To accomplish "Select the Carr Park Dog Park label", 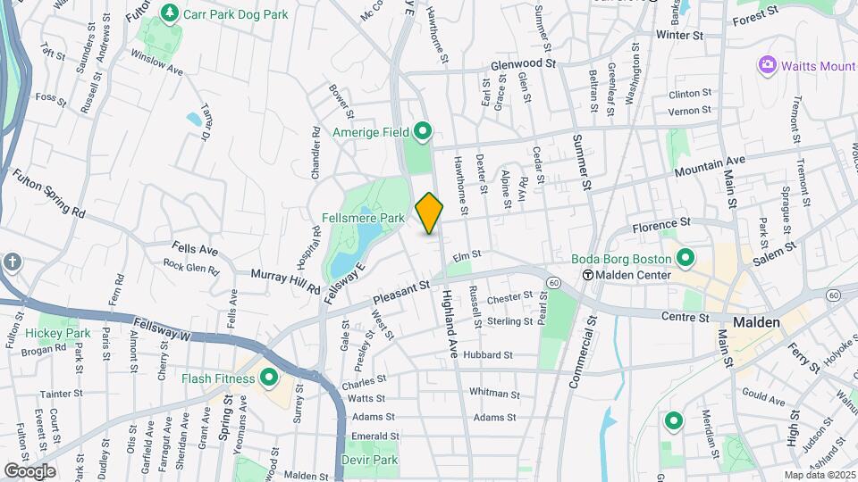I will [x=235, y=14].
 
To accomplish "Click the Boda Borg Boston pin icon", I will [x=686, y=259].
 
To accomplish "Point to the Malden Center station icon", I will [x=588, y=275].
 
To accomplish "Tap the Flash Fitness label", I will [x=218, y=378].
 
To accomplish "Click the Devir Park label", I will [x=369, y=460].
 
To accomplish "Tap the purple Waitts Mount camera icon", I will [x=766, y=64].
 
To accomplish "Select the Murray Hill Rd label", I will [x=286, y=282].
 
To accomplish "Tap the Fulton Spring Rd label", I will [x=47, y=194].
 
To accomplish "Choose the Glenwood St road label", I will [x=524, y=64].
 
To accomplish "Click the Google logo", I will [x=29, y=470].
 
